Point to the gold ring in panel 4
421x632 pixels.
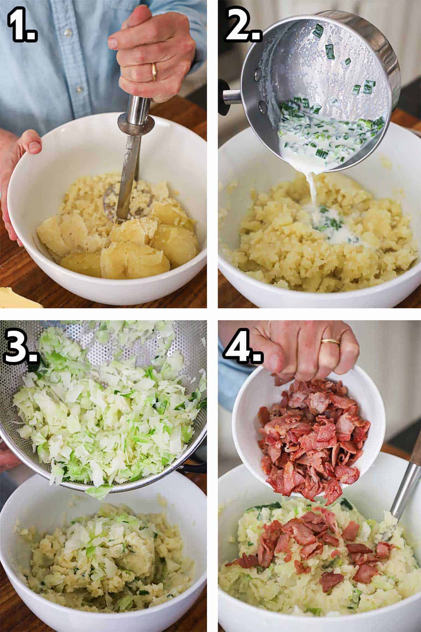(x=331, y=341)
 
